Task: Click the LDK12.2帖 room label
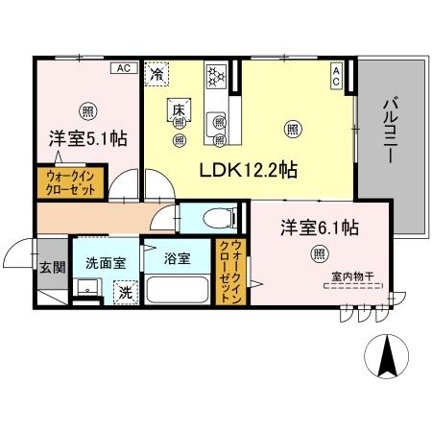[248, 171]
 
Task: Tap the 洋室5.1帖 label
[87, 137]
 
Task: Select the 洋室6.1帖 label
[320, 228]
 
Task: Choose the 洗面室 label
[105, 259]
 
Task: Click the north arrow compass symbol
[387, 357]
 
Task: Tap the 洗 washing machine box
[125, 292]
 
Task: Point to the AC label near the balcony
[337, 76]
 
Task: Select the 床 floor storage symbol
[179, 108]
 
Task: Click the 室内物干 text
[349, 276]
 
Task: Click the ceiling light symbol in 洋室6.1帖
[318, 253]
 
